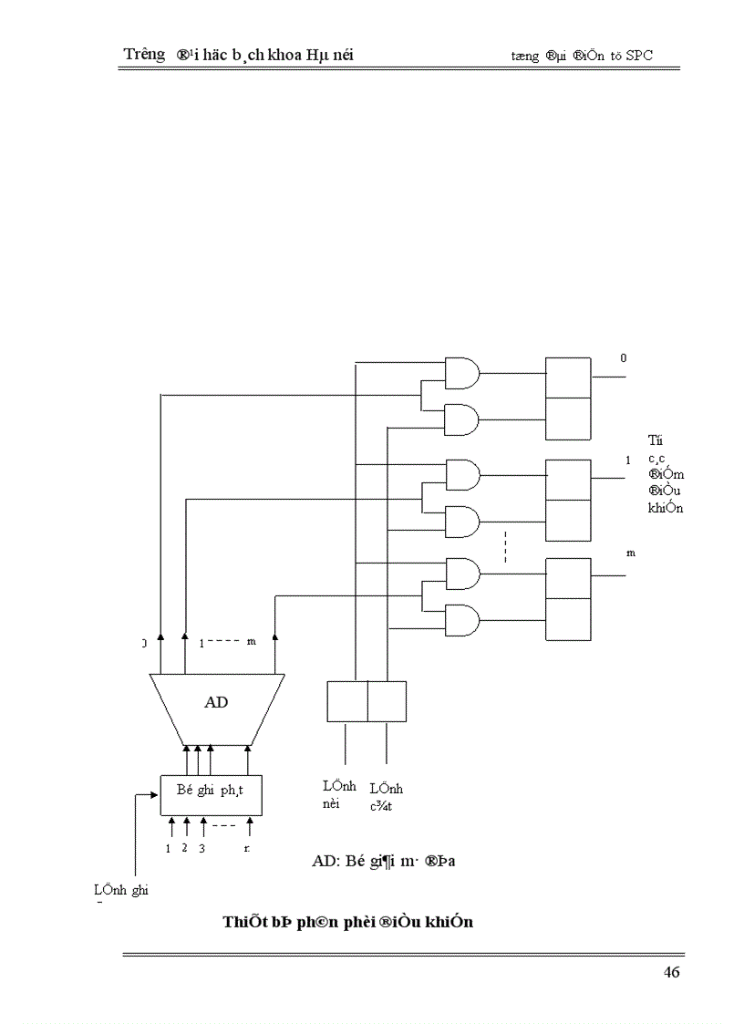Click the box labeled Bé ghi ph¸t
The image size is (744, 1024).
(x=211, y=791)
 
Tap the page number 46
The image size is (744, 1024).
(x=671, y=972)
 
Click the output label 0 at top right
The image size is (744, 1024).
(x=624, y=358)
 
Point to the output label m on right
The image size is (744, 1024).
(x=630, y=553)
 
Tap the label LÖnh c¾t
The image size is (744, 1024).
(x=386, y=796)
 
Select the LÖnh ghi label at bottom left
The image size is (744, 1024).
(x=120, y=891)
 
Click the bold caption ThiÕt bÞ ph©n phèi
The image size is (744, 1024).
(x=347, y=922)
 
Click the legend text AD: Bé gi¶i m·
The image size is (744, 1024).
(x=383, y=861)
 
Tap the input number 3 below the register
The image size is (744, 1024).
(x=201, y=848)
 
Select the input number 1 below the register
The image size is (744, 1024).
(x=169, y=848)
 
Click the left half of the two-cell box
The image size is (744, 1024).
(x=347, y=701)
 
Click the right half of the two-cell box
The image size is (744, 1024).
(x=387, y=701)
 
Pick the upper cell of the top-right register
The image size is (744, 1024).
(x=568, y=378)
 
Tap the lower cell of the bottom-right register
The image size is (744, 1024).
(x=568, y=619)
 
